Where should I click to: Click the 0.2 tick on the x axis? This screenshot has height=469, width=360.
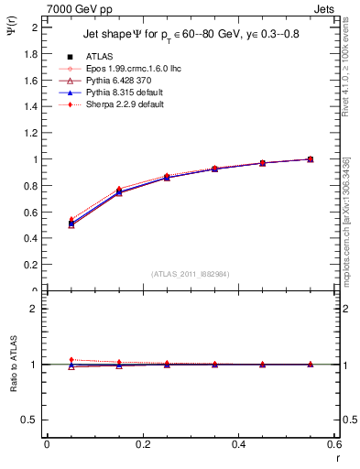(x=142, y=444)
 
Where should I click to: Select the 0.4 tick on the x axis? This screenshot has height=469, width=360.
(x=238, y=444)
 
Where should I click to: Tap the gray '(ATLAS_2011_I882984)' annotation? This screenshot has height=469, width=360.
(x=190, y=274)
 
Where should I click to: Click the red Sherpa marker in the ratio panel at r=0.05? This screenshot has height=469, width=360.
(x=71, y=360)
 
